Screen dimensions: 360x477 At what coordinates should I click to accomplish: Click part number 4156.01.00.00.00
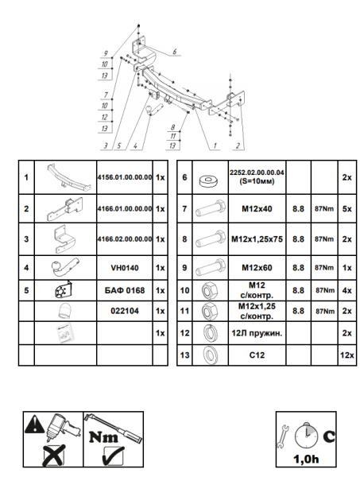(125, 177)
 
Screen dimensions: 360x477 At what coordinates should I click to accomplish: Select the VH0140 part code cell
(125, 268)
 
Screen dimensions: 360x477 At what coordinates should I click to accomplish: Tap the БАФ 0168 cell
(125, 290)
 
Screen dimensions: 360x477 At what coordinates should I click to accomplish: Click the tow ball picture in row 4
(65, 268)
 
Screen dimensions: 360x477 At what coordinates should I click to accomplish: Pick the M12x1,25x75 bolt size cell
(257, 239)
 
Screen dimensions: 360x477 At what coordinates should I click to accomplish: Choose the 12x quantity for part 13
(347, 355)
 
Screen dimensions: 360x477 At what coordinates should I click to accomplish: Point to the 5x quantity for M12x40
(347, 209)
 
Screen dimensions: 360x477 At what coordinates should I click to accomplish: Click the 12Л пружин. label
(257, 333)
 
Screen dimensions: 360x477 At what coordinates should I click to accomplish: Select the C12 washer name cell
(257, 355)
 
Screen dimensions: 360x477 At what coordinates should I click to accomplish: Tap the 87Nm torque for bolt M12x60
(324, 268)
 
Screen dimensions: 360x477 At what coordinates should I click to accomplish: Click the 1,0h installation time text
(306, 459)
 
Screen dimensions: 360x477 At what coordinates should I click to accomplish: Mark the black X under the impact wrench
(55, 455)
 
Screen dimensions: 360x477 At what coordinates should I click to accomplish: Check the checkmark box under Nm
(114, 456)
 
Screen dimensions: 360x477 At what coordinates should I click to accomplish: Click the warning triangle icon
(35, 424)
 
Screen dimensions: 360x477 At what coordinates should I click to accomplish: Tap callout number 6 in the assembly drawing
(175, 52)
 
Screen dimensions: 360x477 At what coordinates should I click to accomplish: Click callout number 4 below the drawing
(135, 146)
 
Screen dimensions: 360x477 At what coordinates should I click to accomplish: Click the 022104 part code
(125, 311)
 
